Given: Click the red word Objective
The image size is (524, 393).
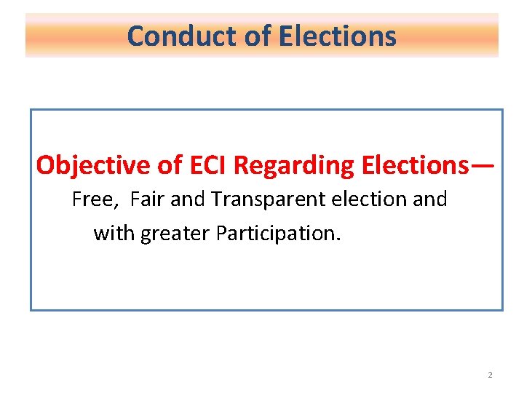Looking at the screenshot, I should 94,166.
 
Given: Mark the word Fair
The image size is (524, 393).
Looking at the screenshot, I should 148,199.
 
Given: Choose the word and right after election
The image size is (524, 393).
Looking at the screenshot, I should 430,199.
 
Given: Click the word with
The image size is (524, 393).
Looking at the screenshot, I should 114,233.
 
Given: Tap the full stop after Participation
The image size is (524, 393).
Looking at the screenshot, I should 337,239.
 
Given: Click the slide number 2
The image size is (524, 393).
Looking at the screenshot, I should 490,375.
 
